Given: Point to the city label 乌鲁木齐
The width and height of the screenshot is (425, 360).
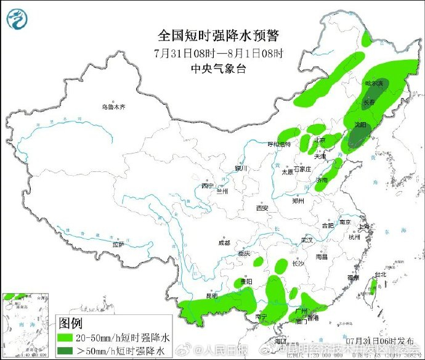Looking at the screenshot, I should coord(113,107).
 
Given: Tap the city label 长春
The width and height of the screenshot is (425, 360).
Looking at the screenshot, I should coord(369,102).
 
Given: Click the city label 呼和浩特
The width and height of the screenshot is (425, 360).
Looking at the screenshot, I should coord(278,144).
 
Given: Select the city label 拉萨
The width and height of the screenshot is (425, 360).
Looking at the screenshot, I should coord(118,245).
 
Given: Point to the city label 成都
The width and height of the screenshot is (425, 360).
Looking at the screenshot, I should coord(224,243).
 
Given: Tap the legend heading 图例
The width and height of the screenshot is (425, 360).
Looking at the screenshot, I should coord(71,322).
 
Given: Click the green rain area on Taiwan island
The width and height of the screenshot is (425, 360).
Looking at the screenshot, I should coord(372,285).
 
